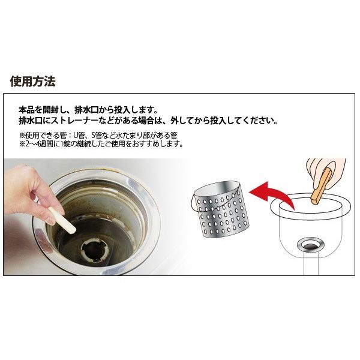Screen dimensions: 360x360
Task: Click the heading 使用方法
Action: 32,82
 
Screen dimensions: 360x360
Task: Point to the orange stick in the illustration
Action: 321,186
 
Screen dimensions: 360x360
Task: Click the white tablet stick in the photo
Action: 62,220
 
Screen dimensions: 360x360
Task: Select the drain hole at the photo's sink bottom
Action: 94,249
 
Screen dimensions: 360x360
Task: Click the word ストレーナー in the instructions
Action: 74,121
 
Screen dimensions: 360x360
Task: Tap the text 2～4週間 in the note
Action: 37,144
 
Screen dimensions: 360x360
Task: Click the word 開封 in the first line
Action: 50,110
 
